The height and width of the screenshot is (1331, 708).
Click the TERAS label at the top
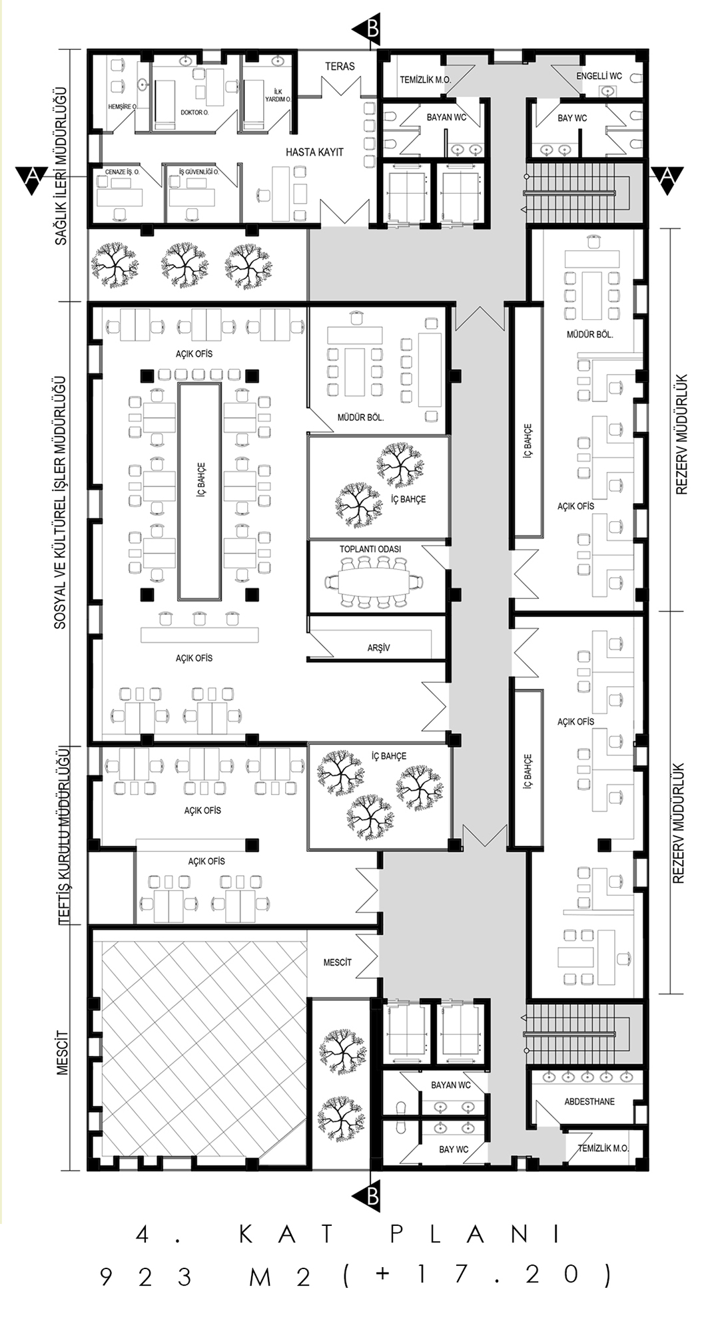[340, 67]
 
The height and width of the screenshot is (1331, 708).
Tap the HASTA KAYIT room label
[314, 152]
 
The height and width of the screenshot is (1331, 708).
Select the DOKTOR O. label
[194, 112]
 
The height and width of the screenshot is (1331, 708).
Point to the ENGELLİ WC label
[599, 76]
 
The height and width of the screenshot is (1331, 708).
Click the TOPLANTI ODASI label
[370, 549]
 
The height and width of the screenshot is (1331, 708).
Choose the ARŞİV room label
[378, 648]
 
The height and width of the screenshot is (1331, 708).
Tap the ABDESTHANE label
[589, 1101]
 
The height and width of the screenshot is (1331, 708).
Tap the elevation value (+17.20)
[476, 1275]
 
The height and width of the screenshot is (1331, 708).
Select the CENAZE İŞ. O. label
[123, 172]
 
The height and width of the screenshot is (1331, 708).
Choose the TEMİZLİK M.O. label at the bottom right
[603, 1148]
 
